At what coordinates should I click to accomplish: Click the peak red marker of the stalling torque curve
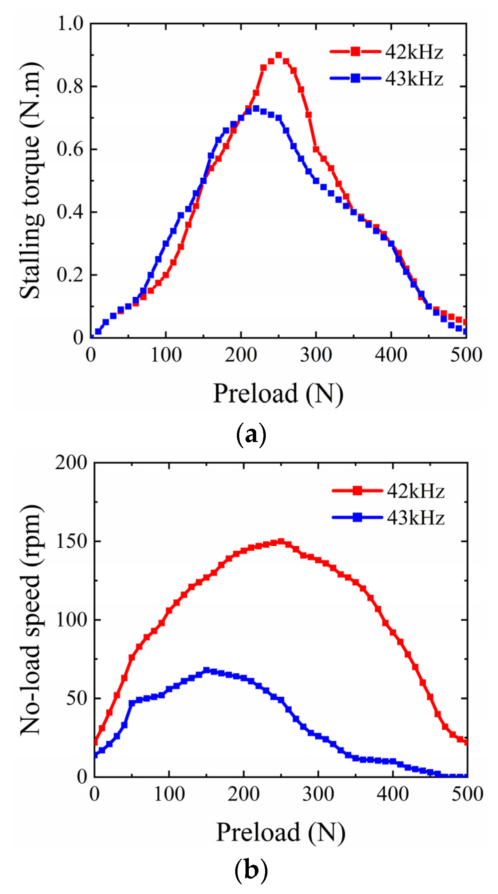coord(278,55)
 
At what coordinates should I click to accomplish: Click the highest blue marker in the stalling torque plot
coord(256,109)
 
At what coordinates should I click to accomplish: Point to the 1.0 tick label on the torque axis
coord(70,24)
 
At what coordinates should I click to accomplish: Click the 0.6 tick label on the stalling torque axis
coord(70,149)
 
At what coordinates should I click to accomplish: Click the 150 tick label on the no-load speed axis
coord(71,541)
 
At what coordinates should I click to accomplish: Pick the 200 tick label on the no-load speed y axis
coord(71,463)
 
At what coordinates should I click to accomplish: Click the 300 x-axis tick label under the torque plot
coord(316,355)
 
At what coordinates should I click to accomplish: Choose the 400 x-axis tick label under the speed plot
coord(392,794)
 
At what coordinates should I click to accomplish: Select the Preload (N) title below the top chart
coord(278,394)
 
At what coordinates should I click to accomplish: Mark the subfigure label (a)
coord(251,434)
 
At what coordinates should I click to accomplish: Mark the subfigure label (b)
coord(251,869)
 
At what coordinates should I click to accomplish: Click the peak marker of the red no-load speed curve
coord(281,542)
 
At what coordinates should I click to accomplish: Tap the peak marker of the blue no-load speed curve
coord(206,670)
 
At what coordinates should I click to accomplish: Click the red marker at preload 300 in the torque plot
coord(316,149)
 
